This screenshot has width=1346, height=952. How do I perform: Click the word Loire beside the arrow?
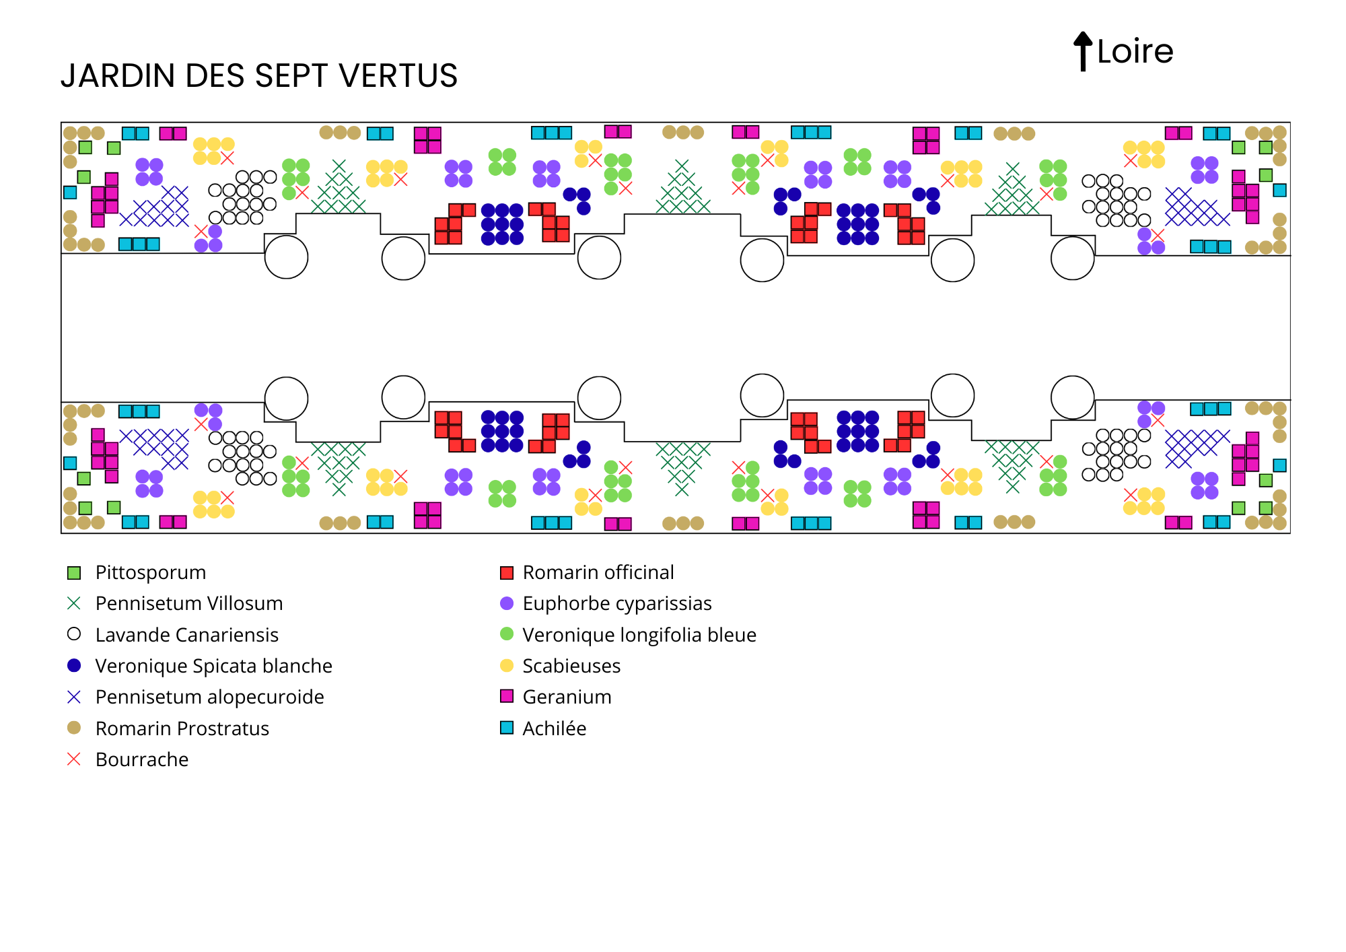click(1135, 52)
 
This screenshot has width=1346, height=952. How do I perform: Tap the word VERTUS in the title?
click(398, 75)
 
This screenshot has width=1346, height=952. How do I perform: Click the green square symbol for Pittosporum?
click(74, 573)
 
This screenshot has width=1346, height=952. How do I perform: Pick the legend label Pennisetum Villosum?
click(188, 603)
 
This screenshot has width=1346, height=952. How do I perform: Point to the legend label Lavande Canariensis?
click(186, 635)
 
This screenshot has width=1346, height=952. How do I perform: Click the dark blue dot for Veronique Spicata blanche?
click(74, 665)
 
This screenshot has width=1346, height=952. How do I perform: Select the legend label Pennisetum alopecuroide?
click(209, 697)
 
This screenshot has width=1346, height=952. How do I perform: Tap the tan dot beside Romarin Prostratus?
click(74, 728)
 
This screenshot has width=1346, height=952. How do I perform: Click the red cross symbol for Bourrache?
click(74, 759)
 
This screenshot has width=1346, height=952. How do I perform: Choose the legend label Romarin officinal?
click(598, 572)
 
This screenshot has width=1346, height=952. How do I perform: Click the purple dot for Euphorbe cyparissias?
click(507, 603)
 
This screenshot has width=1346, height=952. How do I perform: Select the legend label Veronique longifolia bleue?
click(639, 635)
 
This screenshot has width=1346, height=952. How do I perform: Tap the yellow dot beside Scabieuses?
click(507, 666)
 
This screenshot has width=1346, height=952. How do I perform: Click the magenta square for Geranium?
click(507, 696)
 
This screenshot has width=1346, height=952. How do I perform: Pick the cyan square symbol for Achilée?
click(507, 728)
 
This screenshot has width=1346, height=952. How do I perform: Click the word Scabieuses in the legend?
click(571, 666)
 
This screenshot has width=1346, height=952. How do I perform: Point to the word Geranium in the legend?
click(567, 697)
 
